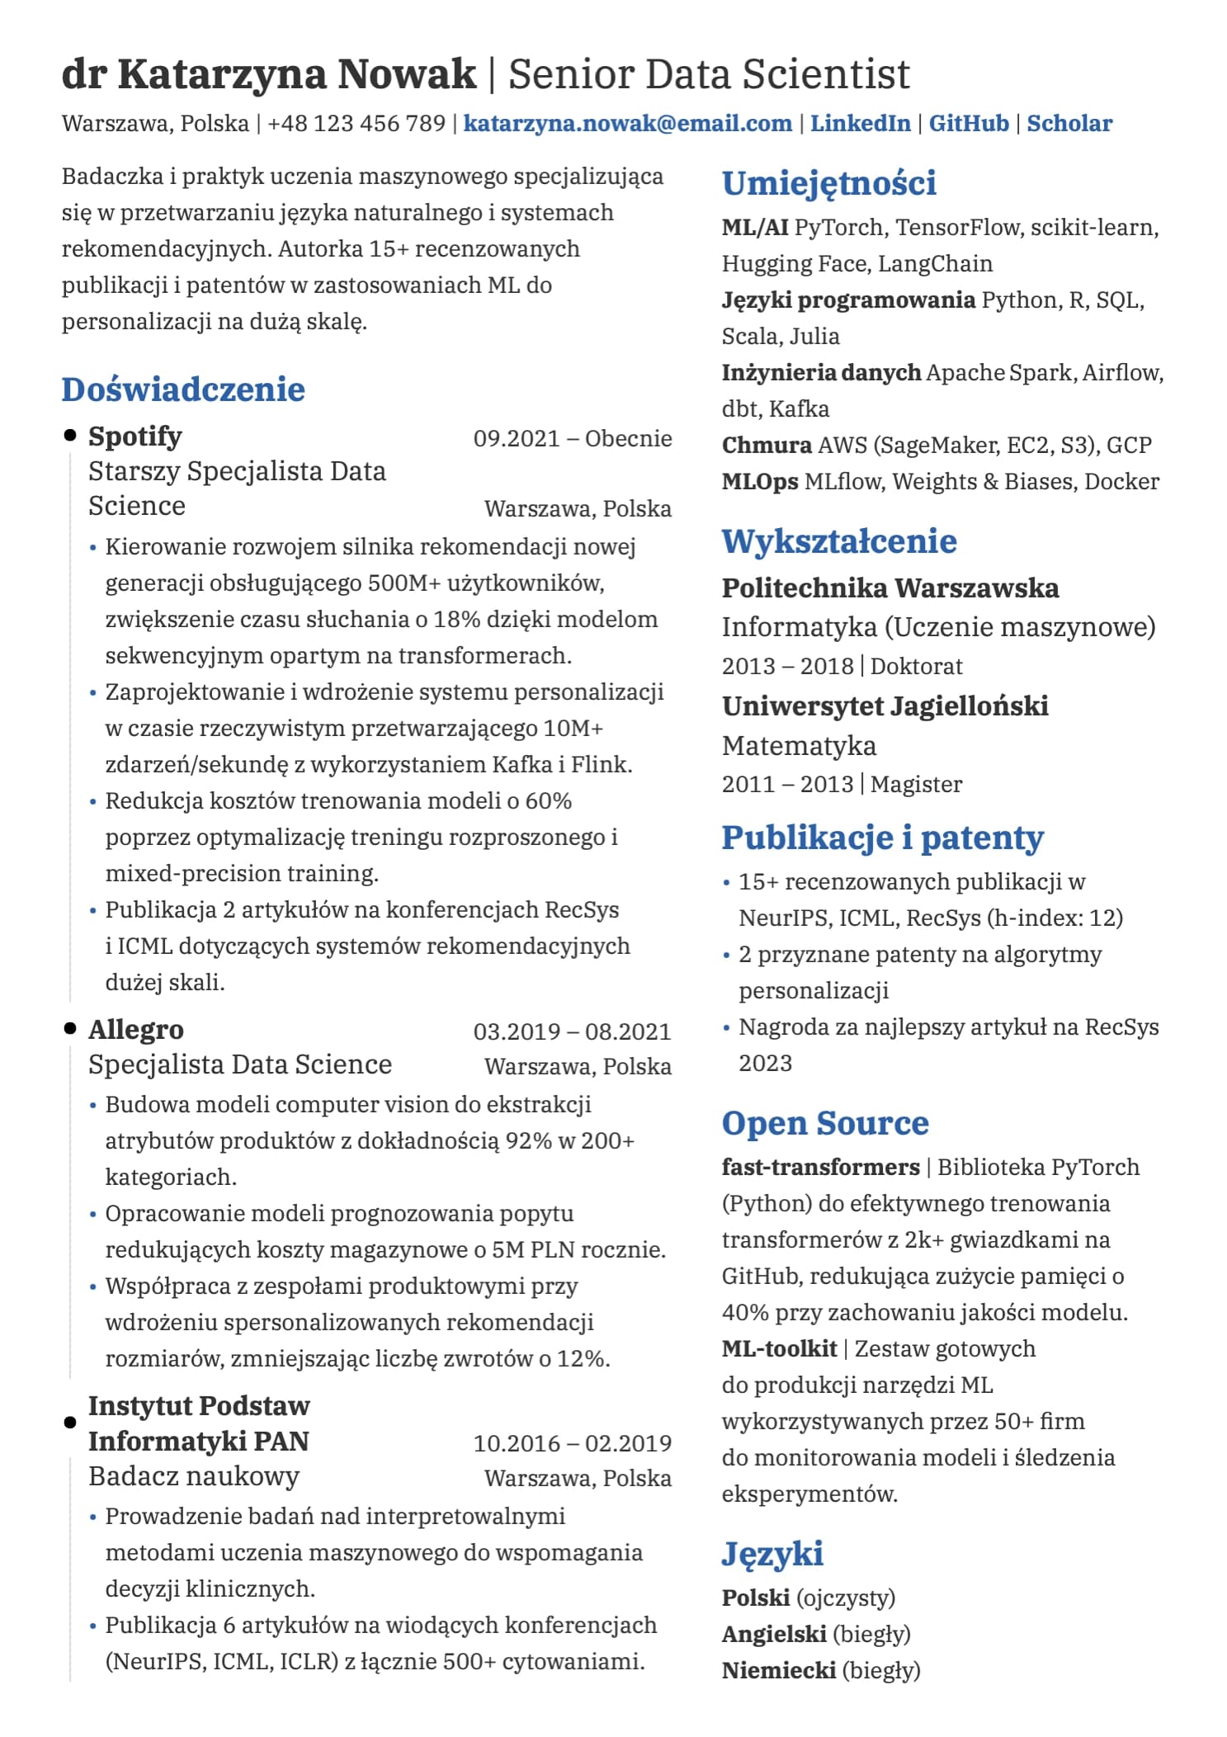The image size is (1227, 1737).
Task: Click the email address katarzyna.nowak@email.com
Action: pos(627,124)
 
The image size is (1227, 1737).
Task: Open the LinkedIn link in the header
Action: pos(860,124)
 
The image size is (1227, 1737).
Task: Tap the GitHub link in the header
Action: pos(968,124)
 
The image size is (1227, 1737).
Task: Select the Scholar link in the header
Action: pos(1069,124)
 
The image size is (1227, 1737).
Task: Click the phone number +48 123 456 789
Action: pos(356,124)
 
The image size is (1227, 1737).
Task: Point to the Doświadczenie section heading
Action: pos(183,389)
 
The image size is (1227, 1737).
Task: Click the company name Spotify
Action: pos(135,436)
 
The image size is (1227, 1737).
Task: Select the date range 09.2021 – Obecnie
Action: pos(572,438)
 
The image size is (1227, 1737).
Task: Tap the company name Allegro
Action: pos(136,1029)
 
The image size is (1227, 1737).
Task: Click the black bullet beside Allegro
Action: pos(70,1029)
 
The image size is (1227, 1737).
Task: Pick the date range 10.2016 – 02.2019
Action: pos(572,1443)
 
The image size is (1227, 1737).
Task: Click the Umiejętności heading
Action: pos(828,183)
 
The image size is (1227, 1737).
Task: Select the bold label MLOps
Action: pos(759,482)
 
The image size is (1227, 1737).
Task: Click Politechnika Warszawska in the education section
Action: pos(890,588)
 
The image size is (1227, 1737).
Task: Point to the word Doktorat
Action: pos(916,666)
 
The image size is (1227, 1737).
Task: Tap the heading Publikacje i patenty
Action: pos(882,838)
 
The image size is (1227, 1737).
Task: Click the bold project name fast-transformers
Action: pos(820,1167)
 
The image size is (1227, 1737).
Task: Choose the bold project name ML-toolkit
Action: pos(779,1348)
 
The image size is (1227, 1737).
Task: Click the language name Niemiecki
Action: pos(778,1670)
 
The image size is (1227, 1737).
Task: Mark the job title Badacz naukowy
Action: pos(194,1476)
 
